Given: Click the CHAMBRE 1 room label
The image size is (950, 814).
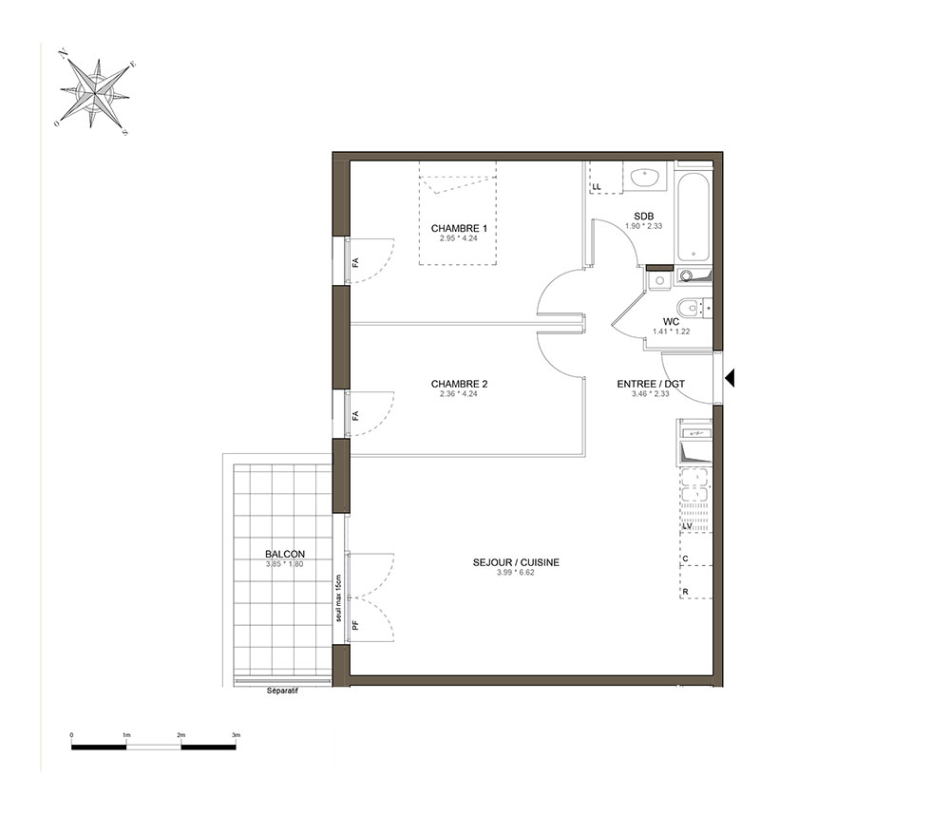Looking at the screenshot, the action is click(459, 228).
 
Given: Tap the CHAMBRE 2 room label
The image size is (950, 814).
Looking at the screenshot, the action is click(459, 384).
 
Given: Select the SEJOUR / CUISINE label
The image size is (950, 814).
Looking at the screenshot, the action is click(516, 562).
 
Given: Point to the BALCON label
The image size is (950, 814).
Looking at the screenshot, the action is click(285, 554).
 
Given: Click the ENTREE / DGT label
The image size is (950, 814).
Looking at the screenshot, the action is click(651, 384).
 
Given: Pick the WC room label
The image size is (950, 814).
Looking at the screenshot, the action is click(671, 322).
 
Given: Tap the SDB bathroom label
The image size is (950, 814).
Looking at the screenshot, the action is click(643, 217).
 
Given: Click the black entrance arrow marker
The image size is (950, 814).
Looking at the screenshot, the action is click(730, 378).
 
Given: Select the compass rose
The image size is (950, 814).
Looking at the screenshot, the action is click(95, 93).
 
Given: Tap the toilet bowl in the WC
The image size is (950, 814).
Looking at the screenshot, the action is click(689, 309).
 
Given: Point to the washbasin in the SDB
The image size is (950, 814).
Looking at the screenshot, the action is click(645, 178).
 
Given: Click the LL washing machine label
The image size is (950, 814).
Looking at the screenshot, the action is click(597, 187).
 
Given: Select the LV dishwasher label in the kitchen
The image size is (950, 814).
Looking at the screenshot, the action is click(687, 527).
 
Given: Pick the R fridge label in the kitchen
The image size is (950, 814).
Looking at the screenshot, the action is click(685, 592).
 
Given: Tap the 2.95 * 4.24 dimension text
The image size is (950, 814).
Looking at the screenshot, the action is click(459, 238).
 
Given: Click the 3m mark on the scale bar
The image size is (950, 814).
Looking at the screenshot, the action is click(236, 734).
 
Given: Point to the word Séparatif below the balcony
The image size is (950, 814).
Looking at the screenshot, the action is click(282, 691).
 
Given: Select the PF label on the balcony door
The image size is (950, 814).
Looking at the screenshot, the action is click(355, 624).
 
